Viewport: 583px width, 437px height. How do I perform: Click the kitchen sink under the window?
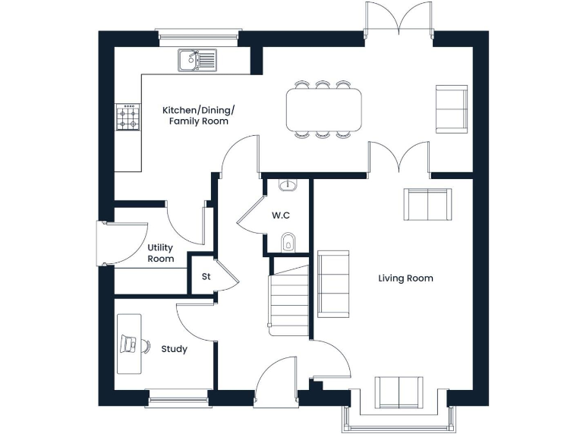(197, 60)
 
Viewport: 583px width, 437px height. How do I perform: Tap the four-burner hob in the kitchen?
(128, 117)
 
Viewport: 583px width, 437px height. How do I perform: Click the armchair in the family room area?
(452, 108)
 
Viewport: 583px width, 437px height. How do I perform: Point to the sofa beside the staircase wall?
(333, 283)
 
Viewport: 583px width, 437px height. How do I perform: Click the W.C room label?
(281, 215)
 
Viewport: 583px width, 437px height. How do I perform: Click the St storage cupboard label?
(206, 277)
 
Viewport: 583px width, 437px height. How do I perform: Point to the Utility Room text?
(160, 253)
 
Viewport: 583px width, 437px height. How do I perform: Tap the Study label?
(174, 349)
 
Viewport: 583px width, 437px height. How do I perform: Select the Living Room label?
(405, 278)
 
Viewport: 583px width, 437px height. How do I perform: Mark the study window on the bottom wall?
(177, 395)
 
